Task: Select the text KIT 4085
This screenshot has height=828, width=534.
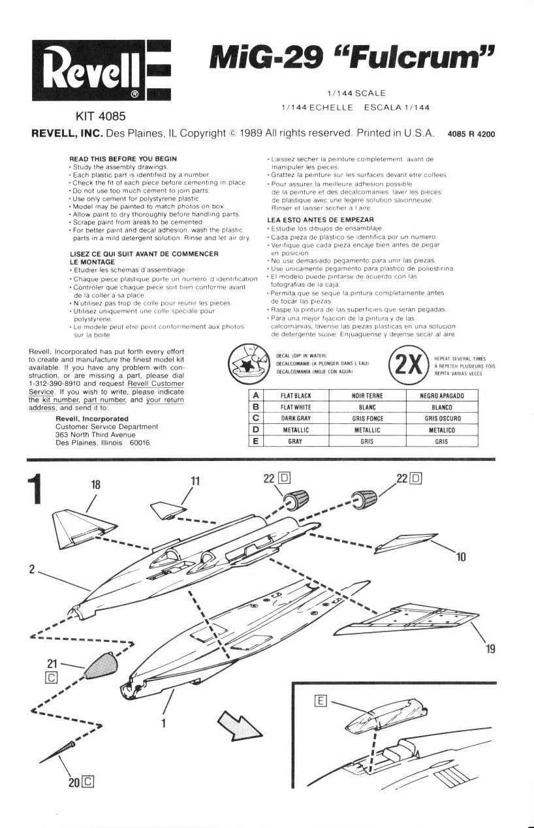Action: click(x=101, y=117)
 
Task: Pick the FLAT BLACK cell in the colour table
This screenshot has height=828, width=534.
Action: click(x=296, y=396)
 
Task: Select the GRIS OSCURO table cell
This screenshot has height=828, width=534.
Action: click(x=443, y=419)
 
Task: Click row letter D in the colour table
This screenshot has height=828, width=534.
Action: click(x=256, y=430)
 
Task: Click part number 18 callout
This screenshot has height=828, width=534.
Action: click(x=95, y=485)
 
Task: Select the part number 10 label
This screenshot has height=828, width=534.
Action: click(x=462, y=556)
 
